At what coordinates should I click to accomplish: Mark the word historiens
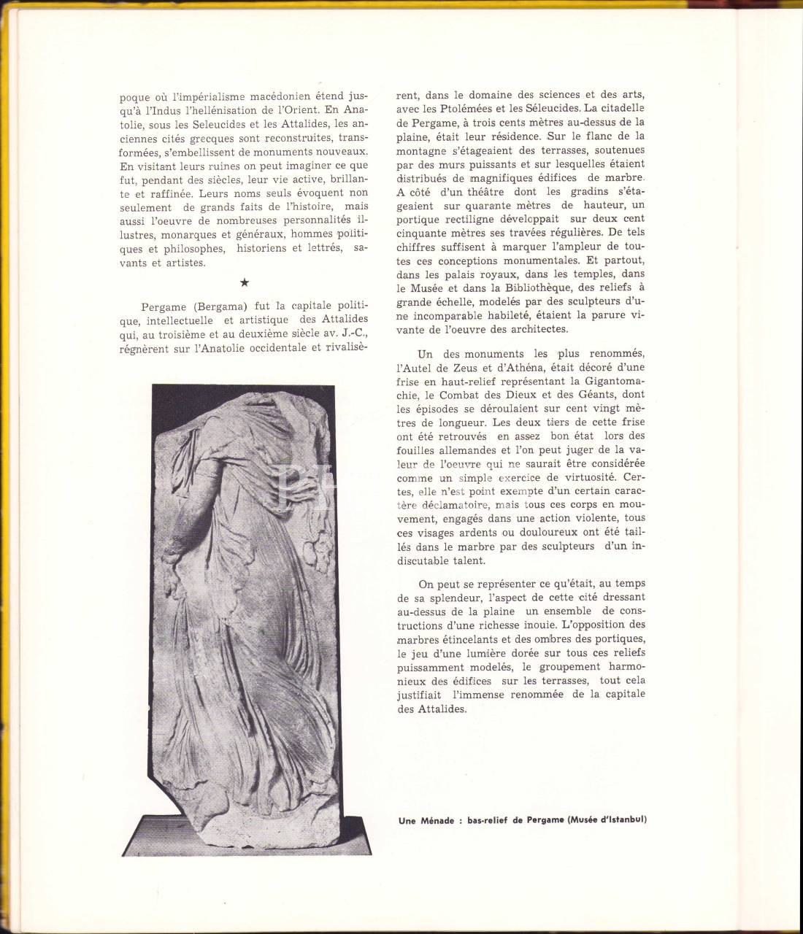pyautogui.click(x=263, y=249)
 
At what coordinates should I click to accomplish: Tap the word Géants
pyautogui.click(x=588, y=395)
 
